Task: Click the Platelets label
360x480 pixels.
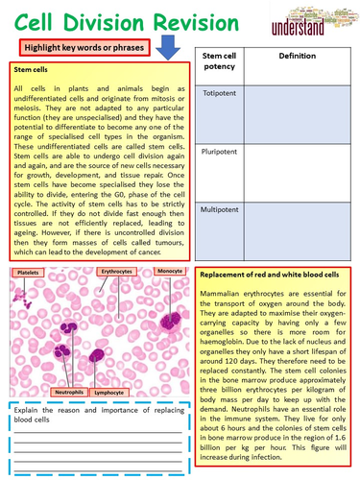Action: point(28,274)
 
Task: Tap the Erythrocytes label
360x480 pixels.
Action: point(121,273)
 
